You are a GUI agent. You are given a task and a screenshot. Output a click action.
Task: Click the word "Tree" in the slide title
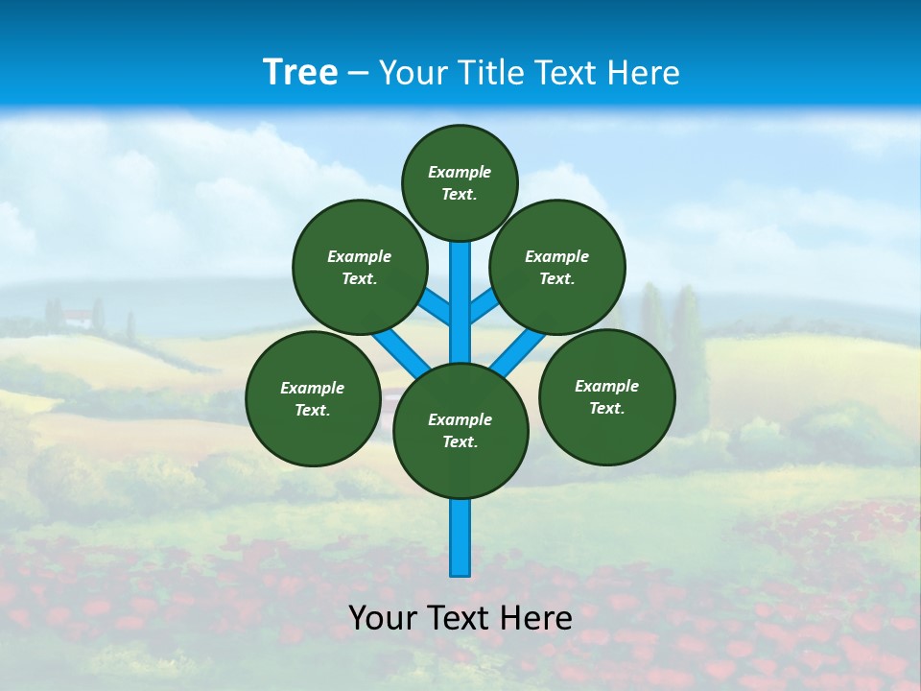[x=300, y=72]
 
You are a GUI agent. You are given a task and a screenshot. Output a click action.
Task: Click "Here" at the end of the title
[x=643, y=73]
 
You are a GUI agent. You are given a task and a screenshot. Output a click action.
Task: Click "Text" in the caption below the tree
[x=460, y=618]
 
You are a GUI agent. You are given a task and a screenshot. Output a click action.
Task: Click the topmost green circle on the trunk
[x=460, y=182]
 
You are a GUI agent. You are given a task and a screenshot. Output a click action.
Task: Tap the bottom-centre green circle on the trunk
[x=460, y=431]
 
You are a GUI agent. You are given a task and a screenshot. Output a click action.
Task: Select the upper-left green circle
[x=360, y=267]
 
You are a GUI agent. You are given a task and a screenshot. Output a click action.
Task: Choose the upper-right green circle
[x=557, y=267]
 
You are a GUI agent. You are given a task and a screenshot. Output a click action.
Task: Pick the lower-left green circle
[x=313, y=398]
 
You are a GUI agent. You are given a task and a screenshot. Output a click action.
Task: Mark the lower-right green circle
[x=606, y=396]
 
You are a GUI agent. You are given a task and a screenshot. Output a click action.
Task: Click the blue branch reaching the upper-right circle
[x=483, y=305]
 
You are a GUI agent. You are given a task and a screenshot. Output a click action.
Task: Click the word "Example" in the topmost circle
[x=460, y=172]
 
